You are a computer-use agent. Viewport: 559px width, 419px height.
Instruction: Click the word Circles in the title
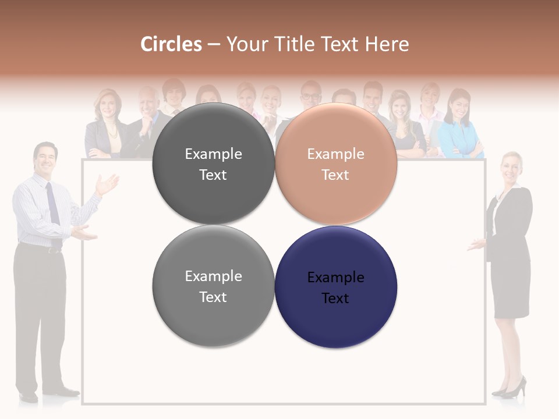tap(171, 44)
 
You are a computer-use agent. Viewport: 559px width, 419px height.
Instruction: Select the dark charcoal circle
tap(213, 164)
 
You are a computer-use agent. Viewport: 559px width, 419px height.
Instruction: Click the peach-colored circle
tap(336, 164)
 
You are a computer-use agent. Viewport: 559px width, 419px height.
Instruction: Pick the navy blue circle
tap(336, 287)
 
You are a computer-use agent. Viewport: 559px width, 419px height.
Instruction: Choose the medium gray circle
tap(213, 286)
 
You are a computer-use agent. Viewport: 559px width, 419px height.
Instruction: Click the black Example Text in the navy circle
tap(336, 287)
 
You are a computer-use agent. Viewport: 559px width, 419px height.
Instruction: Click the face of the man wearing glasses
tap(311, 96)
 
